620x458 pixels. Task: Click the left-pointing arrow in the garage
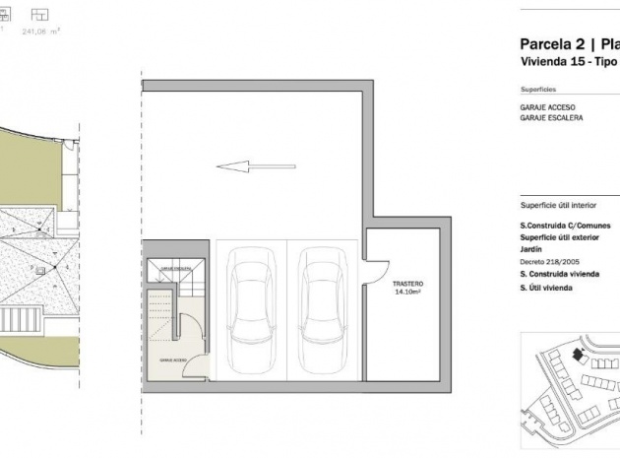245,166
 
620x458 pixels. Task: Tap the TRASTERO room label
407,283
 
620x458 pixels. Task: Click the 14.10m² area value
407,293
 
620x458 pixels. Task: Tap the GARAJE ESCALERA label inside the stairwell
175,269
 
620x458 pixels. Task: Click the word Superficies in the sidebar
537,88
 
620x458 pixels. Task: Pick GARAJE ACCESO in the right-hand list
547,106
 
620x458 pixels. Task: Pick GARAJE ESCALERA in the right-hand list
551,117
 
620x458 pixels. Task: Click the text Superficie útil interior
558,207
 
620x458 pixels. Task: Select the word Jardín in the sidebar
531,249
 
